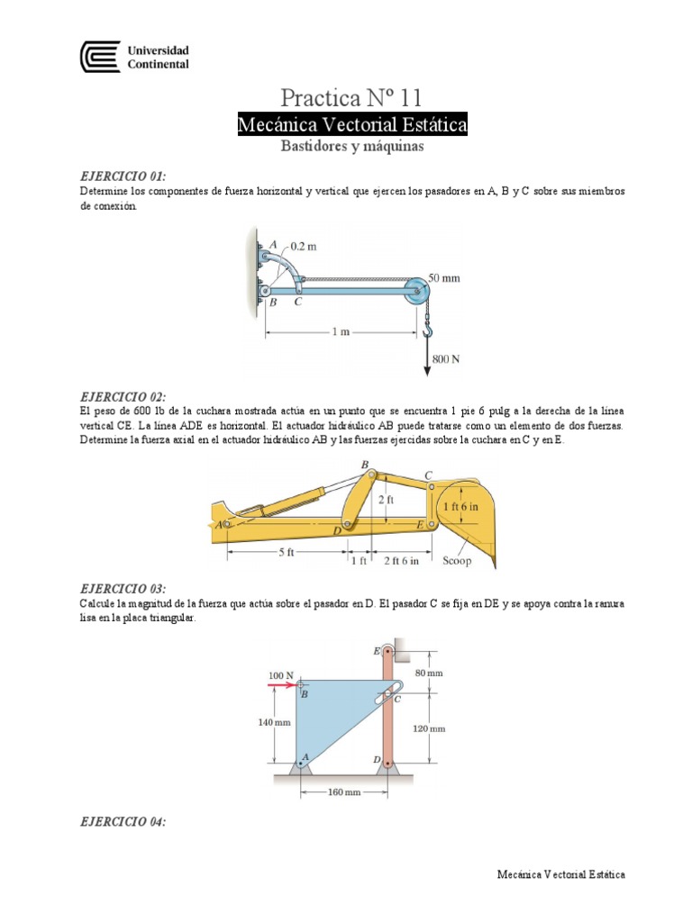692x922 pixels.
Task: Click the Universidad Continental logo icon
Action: click(x=99, y=58)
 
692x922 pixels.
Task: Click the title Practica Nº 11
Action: click(x=351, y=96)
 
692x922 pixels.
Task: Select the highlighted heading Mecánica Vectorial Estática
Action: click(x=351, y=124)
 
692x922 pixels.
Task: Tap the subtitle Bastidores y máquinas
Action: click(x=351, y=146)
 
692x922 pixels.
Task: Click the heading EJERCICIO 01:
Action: click(x=123, y=176)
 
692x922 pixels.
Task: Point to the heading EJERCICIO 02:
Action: click(x=123, y=397)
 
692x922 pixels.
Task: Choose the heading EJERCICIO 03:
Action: click(x=123, y=588)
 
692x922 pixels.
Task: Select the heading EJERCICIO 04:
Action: click(x=123, y=822)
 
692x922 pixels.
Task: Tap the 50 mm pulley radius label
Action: click(x=443, y=278)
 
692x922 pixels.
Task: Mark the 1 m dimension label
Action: click(x=341, y=331)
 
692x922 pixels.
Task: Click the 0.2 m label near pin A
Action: click(x=303, y=246)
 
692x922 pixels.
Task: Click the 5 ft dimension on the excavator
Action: click(x=286, y=552)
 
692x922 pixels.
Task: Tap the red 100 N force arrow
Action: click(x=281, y=685)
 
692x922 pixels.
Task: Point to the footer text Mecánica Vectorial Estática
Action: click(x=560, y=874)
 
